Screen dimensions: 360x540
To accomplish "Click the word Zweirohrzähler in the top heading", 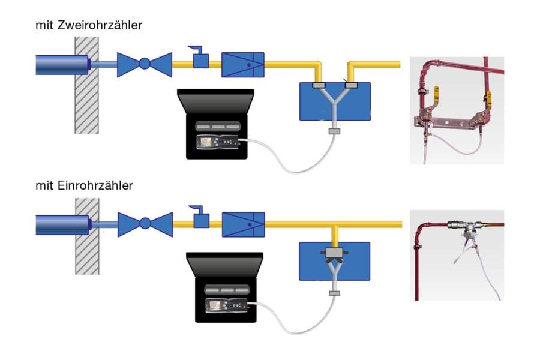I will (105, 25).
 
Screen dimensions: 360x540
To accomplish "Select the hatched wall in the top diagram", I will (86, 85).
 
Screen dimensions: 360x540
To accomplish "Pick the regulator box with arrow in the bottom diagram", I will (244, 224).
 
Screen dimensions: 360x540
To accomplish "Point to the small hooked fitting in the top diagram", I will (200, 59).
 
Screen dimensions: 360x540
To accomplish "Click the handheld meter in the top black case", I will (217, 143).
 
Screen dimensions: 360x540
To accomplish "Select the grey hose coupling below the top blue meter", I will (334, 131).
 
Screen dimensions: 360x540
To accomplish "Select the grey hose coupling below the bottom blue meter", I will (335, 293).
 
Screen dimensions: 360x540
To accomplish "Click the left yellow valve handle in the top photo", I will (436, 92).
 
